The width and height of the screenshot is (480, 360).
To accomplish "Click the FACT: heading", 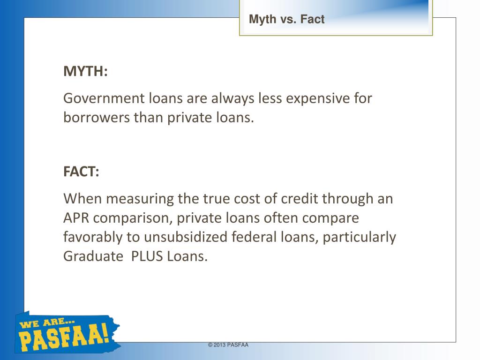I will coord(81,172).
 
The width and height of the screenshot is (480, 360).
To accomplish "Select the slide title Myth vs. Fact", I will coord(286,20).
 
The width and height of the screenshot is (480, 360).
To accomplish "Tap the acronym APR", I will coord(77,218).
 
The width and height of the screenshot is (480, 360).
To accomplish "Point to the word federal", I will coord(251,238).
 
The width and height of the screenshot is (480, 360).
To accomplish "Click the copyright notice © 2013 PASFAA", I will coord(228,345).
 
